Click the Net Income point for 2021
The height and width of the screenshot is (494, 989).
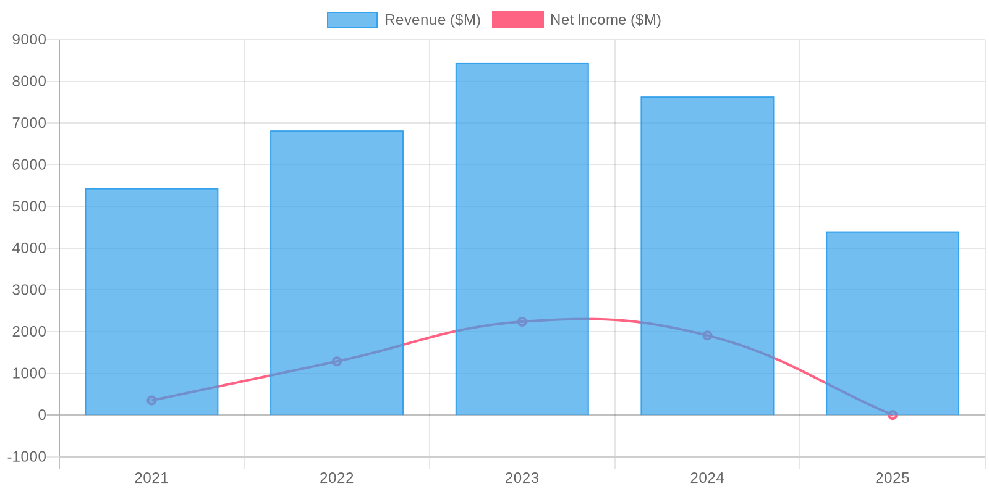pyautogui.click(x=151, y=400)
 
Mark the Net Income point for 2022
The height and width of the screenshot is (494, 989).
pyautogui.click(x=337, y=361)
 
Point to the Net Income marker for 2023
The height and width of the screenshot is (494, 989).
pyautogui.click(x=522, y=322)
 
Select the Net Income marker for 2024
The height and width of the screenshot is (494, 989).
pyautogui.click(x=707, y=335)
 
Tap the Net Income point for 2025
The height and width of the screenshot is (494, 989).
pyautogui.click(x=893, y=415)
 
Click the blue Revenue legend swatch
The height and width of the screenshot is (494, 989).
pyautogui.click(x=352, y=20)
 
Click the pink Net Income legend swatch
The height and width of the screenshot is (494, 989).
pyautogui.click(x=517, y=20)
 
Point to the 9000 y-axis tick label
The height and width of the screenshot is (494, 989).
pyautogui.click(x=30, y=40)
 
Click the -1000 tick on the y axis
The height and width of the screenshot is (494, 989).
pyautogui.click(x=27, y=457)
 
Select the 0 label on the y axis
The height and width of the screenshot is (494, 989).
pyautogui.click(x=42, y=415)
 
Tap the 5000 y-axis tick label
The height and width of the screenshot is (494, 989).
pyautogui.click(x=30, y=206)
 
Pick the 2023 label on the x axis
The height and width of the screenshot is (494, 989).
pyautogui.click(x=522, y=478)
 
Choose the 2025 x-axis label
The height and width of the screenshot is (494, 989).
pyautogui.click(x=893, y=478)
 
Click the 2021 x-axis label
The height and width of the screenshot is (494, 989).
pyautogui.click(x=151, y=478)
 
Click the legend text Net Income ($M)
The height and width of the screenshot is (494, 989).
pyautogui.click(x=605, y=20)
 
